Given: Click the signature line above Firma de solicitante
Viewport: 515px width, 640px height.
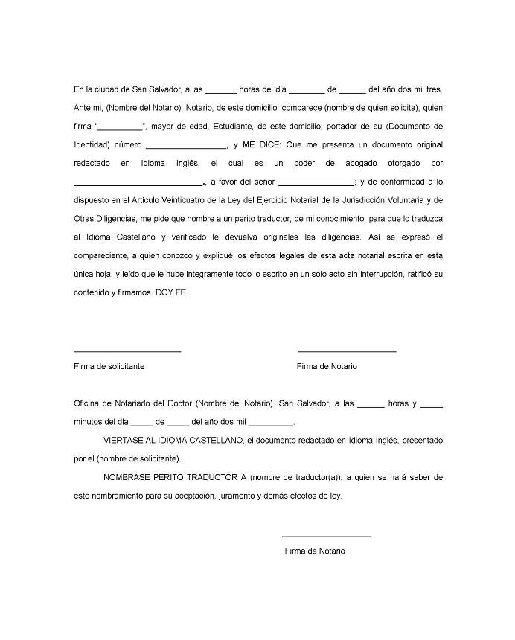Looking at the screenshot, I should click(127, 351).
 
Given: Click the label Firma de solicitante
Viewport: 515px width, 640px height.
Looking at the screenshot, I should click(109, 366).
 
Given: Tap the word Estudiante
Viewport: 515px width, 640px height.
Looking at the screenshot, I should click(230, 127).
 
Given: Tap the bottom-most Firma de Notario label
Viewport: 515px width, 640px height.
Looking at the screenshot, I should click(315, 551).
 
